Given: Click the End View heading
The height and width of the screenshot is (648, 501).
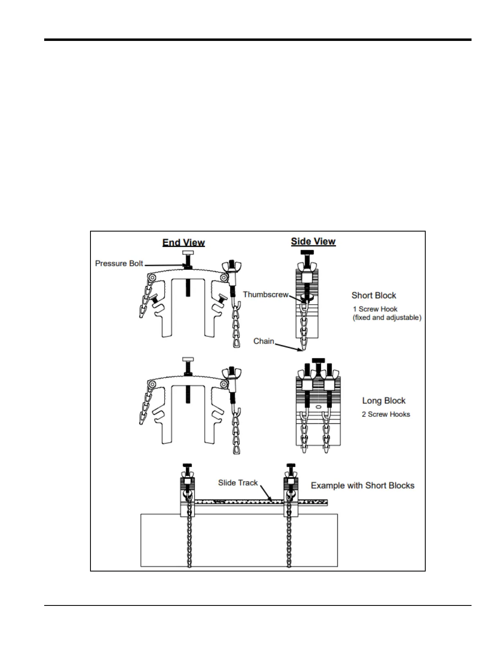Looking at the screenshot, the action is tap(183, 243).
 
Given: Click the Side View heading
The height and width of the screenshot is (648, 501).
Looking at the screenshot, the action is tap(313, 241).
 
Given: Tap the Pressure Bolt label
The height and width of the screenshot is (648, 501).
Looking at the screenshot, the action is tap(119, 263).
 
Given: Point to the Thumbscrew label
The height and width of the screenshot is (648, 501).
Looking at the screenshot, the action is tap(266, 295).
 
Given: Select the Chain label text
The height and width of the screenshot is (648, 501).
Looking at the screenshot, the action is tap(264, 341).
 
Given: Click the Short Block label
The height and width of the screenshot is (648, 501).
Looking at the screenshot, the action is tap(374, 295).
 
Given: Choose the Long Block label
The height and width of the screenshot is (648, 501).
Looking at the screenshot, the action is tap(384, 401).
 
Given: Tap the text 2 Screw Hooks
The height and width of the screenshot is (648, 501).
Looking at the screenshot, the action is tap(386, 414).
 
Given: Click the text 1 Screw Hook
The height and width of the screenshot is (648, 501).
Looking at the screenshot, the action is tap(375, 309).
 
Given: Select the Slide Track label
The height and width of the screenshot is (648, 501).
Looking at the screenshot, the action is tap(238, 483).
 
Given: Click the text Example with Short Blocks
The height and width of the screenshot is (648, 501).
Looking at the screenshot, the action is tap(363, 486).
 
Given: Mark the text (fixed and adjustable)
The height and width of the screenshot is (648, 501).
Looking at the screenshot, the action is tap(387, 318).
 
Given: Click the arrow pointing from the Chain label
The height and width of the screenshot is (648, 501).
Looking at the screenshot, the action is tap(289, 347).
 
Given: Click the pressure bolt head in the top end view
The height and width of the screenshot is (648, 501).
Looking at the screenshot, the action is tap(188, 252).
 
